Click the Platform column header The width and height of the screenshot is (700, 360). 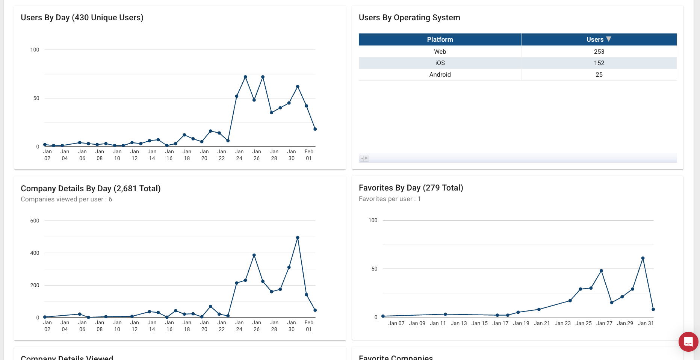tap(440, 39)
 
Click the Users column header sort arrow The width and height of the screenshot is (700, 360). tap(609, 39)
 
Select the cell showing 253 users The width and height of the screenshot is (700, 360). tap(599, 51)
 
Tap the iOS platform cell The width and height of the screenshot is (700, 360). tap(440, 63)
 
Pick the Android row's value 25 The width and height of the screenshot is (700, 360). tap(599, 74)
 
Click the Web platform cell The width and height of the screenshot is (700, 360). tap(440, 51)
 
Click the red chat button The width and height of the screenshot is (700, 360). tap(688, 342)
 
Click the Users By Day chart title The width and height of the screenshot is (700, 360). tap(82, 18)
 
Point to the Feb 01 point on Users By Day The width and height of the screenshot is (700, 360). tap(315, 129)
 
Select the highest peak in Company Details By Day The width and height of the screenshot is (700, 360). tap(298, 237)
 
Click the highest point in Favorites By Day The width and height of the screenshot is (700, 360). tap(643, 258)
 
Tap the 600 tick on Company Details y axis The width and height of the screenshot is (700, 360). tap(35, 221)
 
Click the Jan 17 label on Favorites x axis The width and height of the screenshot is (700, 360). tap(500, 323)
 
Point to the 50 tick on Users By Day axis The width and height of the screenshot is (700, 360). tap(36, 98)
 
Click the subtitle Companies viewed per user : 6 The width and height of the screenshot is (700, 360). tap(66, 199)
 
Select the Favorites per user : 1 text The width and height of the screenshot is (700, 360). tap(390, 199)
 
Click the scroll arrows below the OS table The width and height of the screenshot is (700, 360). tap(364, 159)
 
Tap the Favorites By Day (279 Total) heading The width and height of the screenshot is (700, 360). tap(411, 188)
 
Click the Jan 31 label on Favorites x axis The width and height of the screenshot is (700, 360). tap(646, 323)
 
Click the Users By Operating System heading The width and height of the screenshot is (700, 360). tap(409, 18)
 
